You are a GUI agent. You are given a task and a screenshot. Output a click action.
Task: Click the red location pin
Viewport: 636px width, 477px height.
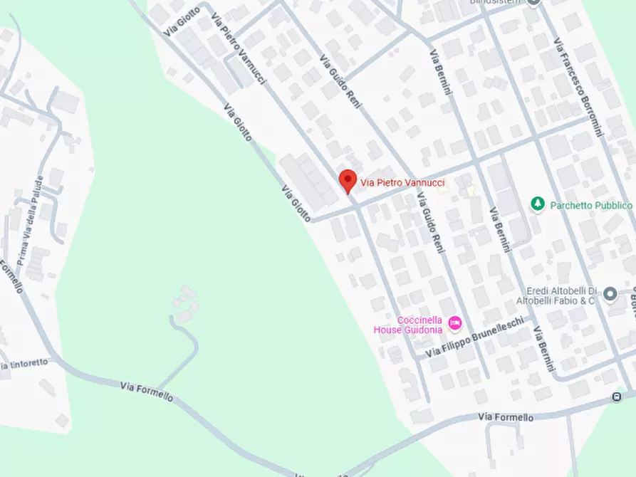[347, 180]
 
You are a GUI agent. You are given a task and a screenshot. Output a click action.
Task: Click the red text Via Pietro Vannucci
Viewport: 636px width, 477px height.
[403, 183]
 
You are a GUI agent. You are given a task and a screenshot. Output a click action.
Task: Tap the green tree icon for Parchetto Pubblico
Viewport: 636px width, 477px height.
[538, 205]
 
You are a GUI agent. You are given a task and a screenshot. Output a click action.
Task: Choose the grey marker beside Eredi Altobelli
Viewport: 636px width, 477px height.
[610, 293]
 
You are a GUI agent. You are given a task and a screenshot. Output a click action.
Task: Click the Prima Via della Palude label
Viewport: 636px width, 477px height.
[29, 220]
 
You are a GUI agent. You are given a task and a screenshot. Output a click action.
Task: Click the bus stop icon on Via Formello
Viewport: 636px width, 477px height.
[617, 397]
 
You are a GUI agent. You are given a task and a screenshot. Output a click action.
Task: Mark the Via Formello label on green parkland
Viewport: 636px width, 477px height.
[147, 392]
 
